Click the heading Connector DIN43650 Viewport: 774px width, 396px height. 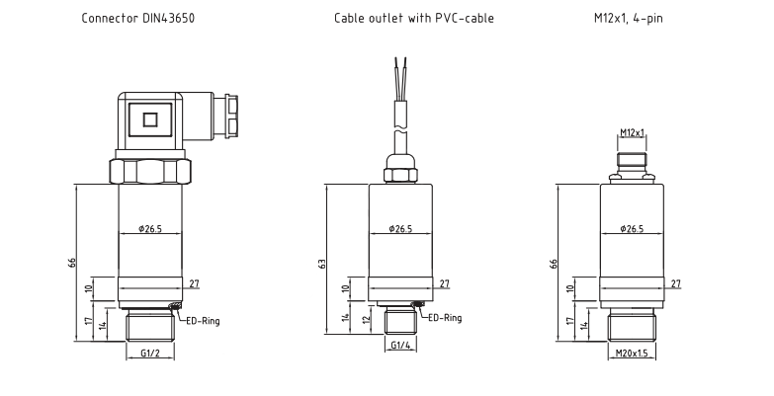pos(138,18)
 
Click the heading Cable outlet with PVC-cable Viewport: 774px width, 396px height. pos(413,18)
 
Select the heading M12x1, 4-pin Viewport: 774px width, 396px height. pos(629,18)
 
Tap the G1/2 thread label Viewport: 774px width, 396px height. pos(150,353)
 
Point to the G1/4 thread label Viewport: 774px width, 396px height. pos(400,346)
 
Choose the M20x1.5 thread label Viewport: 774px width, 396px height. pos(632,354)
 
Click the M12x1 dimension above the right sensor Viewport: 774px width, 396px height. pos(633,132)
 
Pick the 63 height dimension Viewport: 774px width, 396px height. pos(322,264)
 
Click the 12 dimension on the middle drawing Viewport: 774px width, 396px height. pos(366,319)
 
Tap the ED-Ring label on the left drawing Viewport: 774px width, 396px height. pos(203,321)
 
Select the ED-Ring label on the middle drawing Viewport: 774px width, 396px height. pos(445,318)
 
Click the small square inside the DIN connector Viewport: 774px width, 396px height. pos(150,119)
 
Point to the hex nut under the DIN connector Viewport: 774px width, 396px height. pos(150,171)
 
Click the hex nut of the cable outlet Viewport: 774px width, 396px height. pos(400,174)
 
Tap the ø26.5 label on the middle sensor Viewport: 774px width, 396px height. pos(400,228)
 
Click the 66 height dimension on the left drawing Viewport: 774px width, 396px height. pos(72,263)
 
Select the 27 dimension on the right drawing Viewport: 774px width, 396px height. pos(676,283)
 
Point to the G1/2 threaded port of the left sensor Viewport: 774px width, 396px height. pos(150,326)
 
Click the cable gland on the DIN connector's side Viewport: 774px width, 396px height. pos(225,116)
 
